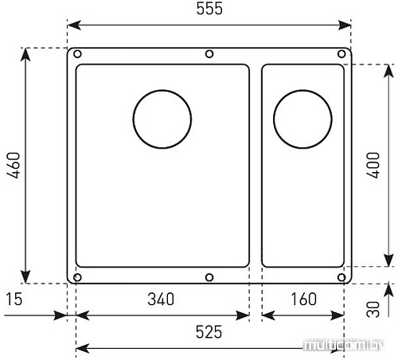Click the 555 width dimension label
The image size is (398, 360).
coord(209,9)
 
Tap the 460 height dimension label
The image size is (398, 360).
coord(14,165)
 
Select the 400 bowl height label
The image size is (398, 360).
coord(373,165)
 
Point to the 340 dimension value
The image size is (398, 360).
coord(161,299)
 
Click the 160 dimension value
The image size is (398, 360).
coord(304,299)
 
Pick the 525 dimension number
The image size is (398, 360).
coord(209,332)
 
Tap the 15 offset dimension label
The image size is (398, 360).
coord(14,299)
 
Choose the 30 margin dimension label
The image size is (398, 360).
coord(373,309)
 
